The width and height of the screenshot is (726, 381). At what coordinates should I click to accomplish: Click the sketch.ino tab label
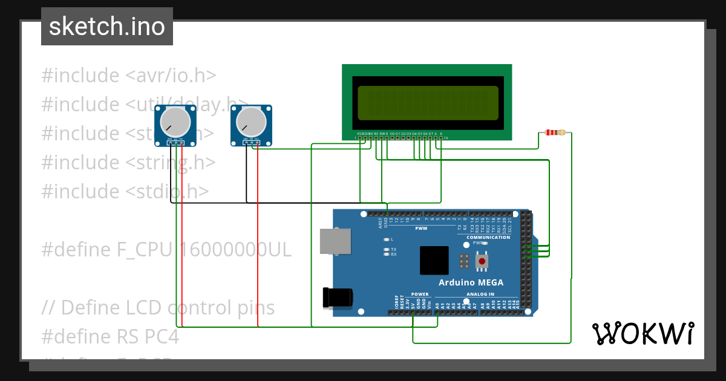[x=107, y=27]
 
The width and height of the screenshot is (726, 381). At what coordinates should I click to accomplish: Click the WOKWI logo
[x=643, y=333]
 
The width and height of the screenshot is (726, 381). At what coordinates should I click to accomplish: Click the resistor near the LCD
[x=555, y=132]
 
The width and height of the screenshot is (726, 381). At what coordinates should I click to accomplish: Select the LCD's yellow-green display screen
[x=427, y=103]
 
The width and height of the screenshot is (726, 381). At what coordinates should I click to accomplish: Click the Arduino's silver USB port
[x=335, y=240]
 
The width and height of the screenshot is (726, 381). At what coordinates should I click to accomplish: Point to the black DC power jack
[x=337, y=297]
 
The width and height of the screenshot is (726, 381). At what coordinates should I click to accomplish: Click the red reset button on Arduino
[x=482, y=261]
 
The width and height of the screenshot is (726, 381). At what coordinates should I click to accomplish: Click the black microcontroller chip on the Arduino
[x=434, y=261]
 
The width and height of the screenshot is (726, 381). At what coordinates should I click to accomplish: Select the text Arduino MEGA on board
[x=471, y=283]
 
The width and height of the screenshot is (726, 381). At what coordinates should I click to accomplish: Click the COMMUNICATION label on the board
[x=488, y=238]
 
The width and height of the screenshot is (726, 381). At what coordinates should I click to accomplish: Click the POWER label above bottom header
[x=419, y=295]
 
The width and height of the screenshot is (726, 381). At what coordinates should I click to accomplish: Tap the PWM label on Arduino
[x=421, y=229]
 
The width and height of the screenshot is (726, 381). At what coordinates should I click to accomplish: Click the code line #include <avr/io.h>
[x=129, y=76]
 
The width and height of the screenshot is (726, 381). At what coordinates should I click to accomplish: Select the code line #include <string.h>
[x=129, y=162]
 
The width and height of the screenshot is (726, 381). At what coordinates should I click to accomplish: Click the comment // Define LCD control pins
[x=158, y=307]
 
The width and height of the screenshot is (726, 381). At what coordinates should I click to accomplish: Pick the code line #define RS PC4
[x=110, y=336]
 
